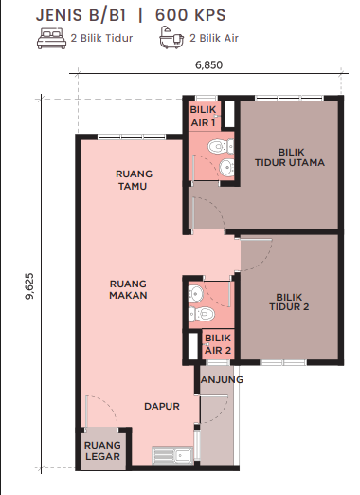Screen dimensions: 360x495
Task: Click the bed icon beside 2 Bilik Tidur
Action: [51, 38]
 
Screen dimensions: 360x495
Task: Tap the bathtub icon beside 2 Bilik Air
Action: [171, 38]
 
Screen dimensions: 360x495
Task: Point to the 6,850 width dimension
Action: [208, 64]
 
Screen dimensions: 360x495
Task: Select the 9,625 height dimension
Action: [29, 286]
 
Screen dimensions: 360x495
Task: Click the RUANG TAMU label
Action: [134, 180]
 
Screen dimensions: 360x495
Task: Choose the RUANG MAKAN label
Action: [128, 289]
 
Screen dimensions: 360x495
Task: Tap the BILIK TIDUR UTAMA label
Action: [290, 157]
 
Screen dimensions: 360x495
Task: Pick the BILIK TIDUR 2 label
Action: [289, 302]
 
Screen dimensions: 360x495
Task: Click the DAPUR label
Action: [162, 406]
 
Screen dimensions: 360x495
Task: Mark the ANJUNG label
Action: [222, 379]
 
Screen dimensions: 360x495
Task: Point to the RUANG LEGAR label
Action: [102, 450]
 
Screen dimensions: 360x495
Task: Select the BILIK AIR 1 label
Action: [203, 116]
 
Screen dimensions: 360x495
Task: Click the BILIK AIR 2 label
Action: [218, 344]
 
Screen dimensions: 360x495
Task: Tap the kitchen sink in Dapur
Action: [172, 455]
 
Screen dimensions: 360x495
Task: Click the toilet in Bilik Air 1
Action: [221, 147]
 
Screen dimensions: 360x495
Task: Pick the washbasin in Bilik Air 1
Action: [226, 168]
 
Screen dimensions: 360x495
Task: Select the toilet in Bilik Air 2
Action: [202, 314]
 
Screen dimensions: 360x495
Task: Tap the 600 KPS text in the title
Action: [190, 15]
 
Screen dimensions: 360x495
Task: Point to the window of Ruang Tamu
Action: [132, 137]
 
